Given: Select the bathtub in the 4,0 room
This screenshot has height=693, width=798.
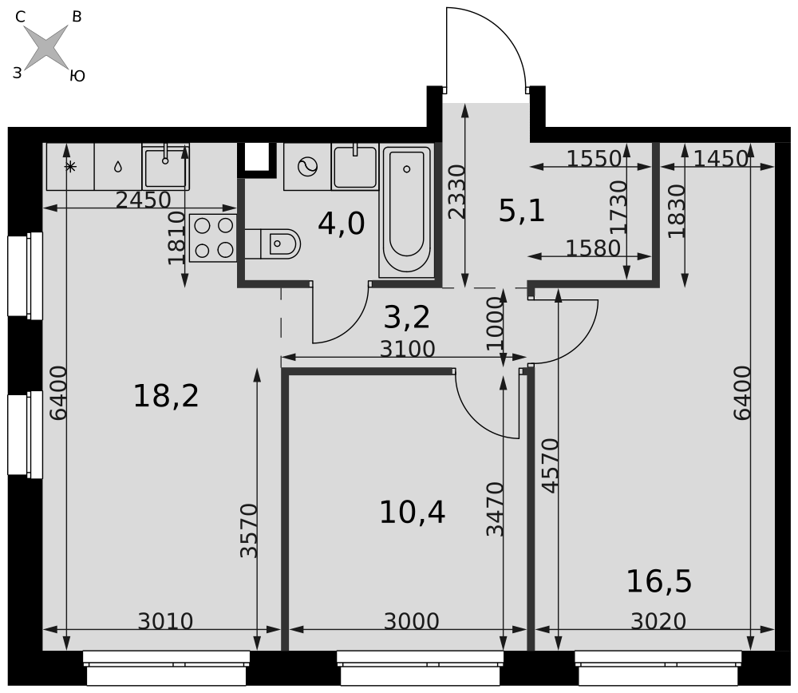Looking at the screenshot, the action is pos(407,211).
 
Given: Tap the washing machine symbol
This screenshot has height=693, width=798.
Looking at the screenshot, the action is pos(307,167).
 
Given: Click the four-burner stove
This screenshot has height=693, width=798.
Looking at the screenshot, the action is pos(213,238).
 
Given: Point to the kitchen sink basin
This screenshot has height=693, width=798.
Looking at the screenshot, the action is pos(165,167).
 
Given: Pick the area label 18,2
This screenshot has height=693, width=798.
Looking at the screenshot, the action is pos(166,396).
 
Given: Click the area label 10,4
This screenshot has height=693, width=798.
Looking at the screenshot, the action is pos(413,513).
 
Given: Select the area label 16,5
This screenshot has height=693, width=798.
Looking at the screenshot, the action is pos(659,581).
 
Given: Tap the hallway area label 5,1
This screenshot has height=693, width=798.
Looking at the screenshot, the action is pos(522,211).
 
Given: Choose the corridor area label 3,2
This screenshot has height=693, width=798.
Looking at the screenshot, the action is pos(407,317).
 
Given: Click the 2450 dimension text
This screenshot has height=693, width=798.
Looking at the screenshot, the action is pos(143,200).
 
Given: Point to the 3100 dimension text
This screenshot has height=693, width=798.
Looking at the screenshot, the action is pos(408,350).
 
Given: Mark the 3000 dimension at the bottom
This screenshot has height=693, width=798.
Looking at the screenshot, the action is pos(411,622).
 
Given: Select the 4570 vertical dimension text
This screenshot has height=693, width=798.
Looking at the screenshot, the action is pos(551,466).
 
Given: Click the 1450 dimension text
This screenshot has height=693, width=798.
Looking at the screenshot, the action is pos(721,160).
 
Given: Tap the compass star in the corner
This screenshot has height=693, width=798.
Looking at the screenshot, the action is pos(46,47).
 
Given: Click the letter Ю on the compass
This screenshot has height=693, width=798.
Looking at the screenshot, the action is pos(77,77).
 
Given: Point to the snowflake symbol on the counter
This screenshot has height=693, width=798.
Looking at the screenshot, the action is pos(70,167).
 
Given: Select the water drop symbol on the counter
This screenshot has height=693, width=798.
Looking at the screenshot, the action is pos(118,167).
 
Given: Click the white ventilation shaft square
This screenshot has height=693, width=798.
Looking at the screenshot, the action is pos(256,156).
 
